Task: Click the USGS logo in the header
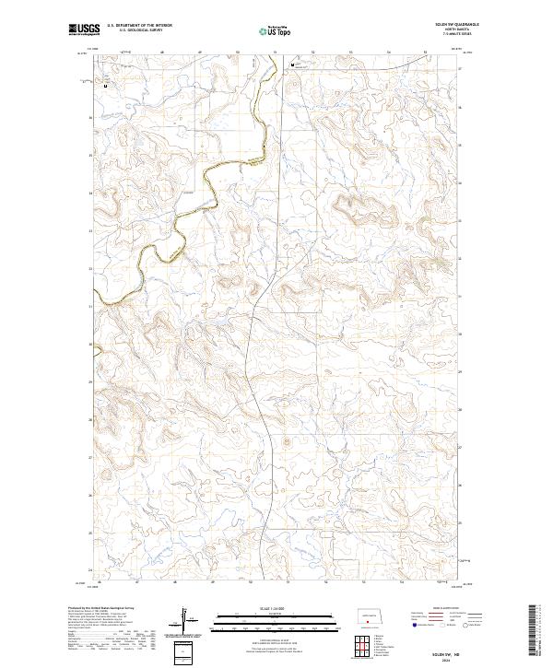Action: coord(85,29)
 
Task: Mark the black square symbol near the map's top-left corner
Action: coord(105,86)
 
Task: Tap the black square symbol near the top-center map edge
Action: coord(292,65)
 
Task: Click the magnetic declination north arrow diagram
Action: coord(189,620)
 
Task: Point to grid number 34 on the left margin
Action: coord(90,193)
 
